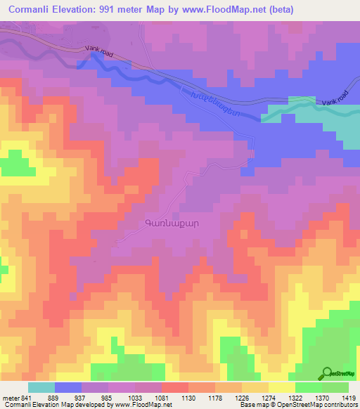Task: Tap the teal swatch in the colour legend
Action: (41, 387)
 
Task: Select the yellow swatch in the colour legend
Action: (282, 387)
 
